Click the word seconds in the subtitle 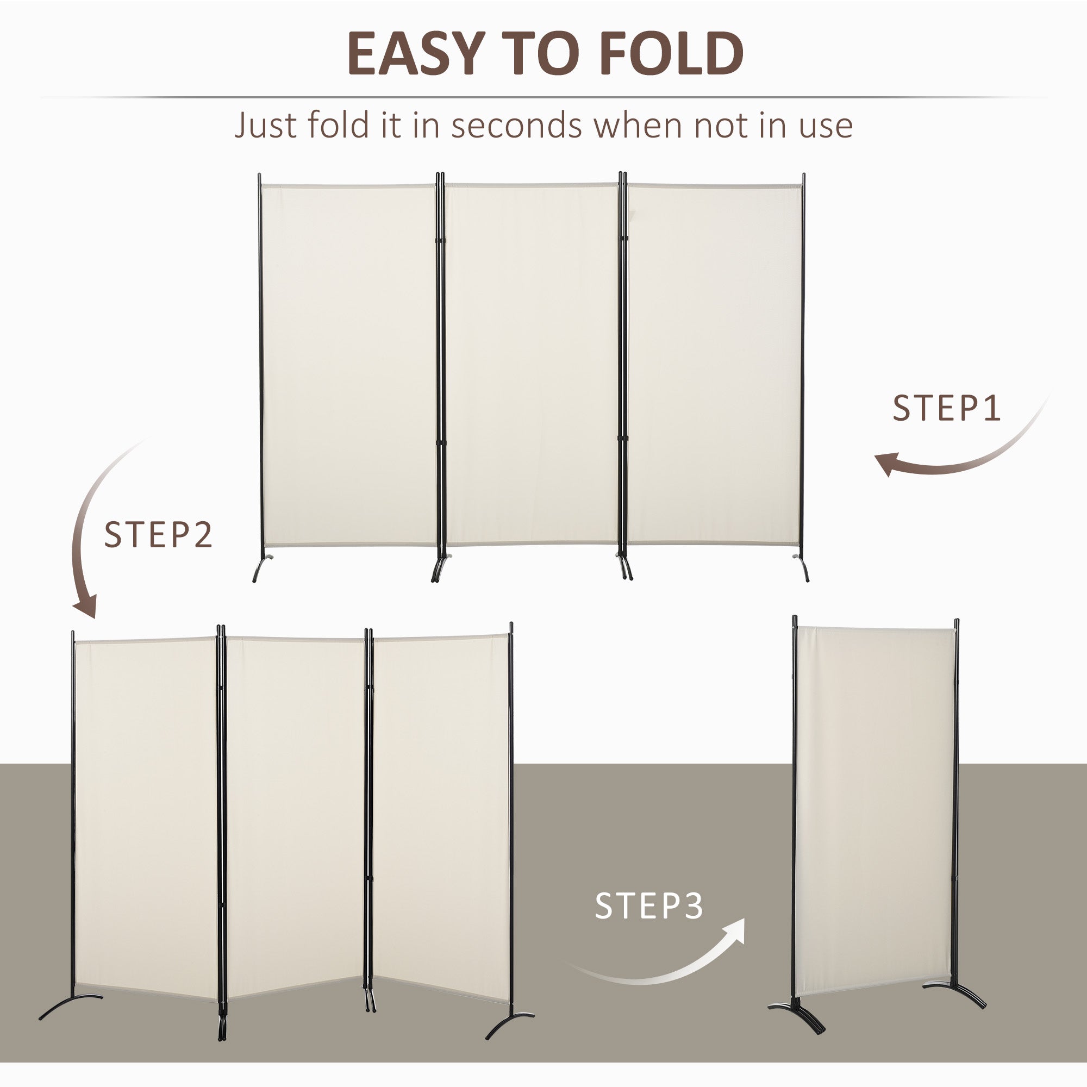(516, 125)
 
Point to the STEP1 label (947, 409)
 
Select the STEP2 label (159, 535)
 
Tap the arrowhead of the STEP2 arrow (85, 608)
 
